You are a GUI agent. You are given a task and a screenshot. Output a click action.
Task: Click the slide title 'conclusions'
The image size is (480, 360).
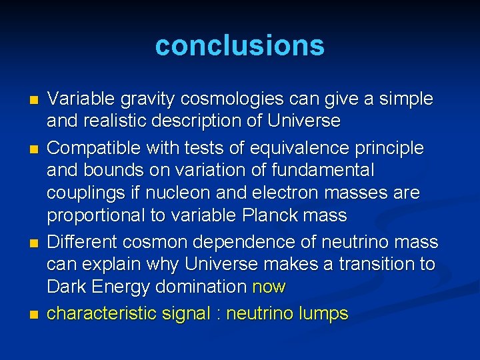(x=240, y=45)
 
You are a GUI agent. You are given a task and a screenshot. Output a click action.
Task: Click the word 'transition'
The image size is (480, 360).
(x=375, y=264)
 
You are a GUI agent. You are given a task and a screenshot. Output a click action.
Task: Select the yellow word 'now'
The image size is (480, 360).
(x=269, y=287)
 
